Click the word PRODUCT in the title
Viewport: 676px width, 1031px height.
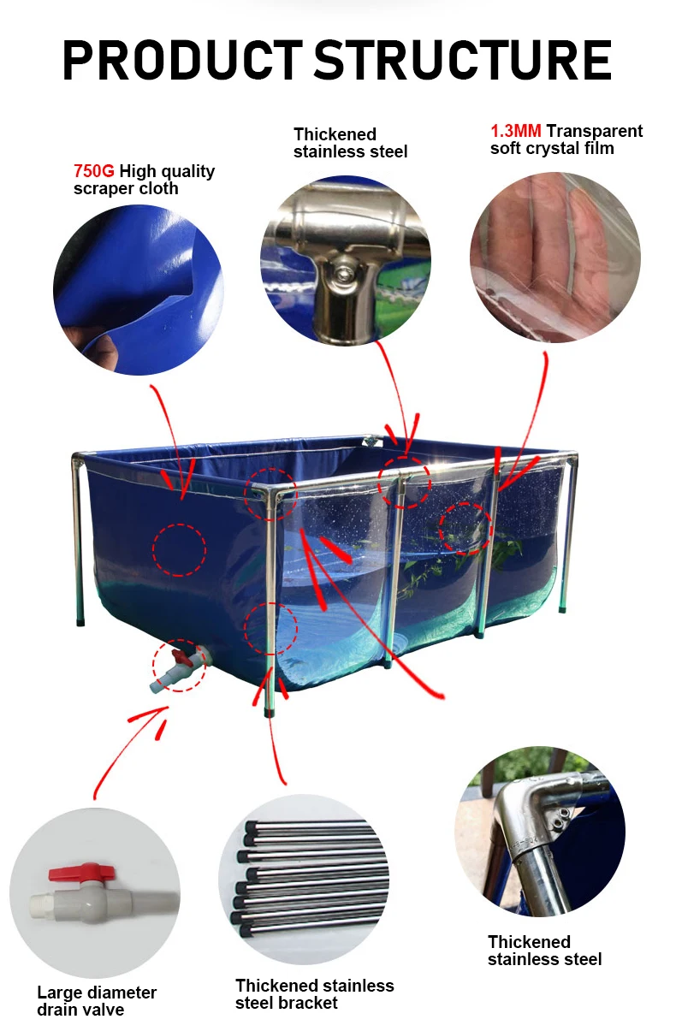[181, 59]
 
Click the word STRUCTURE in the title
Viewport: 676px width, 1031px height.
[463, 59]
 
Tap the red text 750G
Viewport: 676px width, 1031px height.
[93, 171]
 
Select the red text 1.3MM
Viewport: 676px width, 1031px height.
[515, 131]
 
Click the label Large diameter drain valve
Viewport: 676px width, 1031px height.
[97, 1001]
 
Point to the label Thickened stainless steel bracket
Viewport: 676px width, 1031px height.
[314, 994]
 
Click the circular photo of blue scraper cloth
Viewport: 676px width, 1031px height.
[138, 289]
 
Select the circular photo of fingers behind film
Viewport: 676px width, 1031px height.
[554, 258]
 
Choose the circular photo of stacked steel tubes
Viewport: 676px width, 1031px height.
[304, 880]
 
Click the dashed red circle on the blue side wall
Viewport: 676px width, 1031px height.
[179, 549]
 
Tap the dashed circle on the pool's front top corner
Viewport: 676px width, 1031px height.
[270, 495]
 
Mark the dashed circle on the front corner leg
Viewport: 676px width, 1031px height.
[270, 629]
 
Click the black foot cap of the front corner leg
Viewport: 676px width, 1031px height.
[270, 709]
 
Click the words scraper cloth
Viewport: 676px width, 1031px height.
[126, 188]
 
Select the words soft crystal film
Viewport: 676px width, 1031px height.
[552, 148]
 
